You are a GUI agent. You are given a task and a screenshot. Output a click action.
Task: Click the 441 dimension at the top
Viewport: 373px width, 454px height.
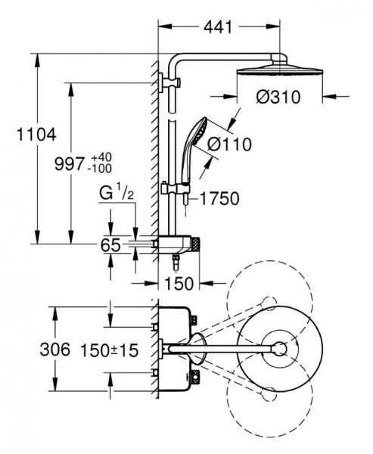pyautogui.click(x=218, y=27)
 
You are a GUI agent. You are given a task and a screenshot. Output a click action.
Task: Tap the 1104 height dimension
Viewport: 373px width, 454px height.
pyautogui.click(x=36, y=135)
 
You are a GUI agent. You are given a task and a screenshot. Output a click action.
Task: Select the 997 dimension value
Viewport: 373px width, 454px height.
pyautogui.click(x=70, y=164)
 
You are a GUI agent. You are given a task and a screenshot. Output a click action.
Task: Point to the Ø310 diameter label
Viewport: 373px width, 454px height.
pyautogui.click(x=278, y=97)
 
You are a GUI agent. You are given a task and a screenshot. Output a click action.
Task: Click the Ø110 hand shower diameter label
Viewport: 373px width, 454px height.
pyautogui.click(x=230, y=145)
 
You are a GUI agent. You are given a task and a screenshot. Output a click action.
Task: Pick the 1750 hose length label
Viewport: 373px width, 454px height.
pyautogui.click(x=220, y=198)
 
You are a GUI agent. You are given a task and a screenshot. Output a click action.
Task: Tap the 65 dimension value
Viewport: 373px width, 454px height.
pyautogui.click(x=110, y=245)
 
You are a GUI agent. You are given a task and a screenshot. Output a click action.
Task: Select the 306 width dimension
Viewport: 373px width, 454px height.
pyautogui.click(x=55, y=349)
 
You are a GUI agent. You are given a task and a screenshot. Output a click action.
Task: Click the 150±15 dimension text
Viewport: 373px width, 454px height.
pyautogui.click(x=110, y=350)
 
